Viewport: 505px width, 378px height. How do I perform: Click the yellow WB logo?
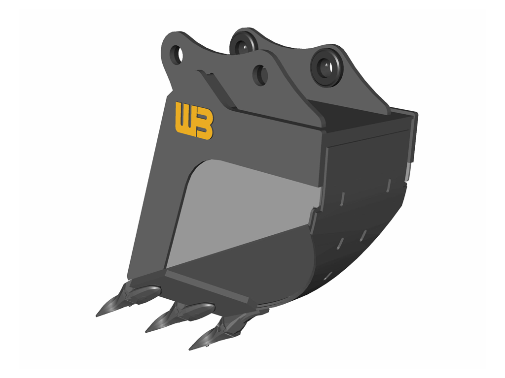coord(194,120)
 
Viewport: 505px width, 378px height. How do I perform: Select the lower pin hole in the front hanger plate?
coord(260,74)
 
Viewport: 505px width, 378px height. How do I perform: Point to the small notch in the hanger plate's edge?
coord(208,74)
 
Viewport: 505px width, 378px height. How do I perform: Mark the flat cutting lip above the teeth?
coord(207,285)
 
